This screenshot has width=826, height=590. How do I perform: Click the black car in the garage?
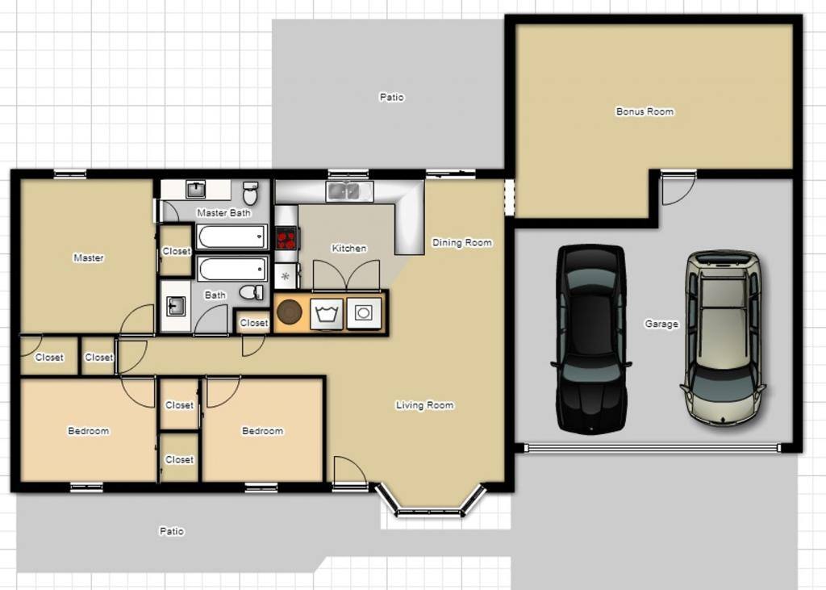[x=591, y=339]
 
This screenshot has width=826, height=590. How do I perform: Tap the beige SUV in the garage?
[x=724, y=337]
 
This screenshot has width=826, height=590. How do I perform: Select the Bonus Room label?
[x=645, y=111]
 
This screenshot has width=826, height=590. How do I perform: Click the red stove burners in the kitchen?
[x=286, y=238]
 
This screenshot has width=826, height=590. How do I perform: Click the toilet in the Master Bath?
[x=251, y=193]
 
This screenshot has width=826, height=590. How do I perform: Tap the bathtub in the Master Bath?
[x=232, y=236]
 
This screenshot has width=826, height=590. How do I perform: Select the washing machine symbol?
[x=327, y=314]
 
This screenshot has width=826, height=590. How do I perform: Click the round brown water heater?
[x=290, y=312]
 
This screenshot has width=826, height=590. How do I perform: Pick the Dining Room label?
[x=462, y=243]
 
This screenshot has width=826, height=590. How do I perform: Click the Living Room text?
[x=424, y=405]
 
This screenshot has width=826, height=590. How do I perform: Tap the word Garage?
[x=661, y=324]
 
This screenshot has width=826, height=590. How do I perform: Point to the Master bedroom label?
[x=89, y=257]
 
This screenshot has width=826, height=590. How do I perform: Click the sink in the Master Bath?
[x=196, y=190]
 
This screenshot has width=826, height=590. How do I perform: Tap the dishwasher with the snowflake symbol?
[x=286, y=276]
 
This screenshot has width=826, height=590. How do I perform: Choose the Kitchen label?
[x=348, y=248]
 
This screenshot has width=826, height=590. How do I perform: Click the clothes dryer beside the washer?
[x=364, y=314]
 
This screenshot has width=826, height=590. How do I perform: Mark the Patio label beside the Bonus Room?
[x=391, y=97]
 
